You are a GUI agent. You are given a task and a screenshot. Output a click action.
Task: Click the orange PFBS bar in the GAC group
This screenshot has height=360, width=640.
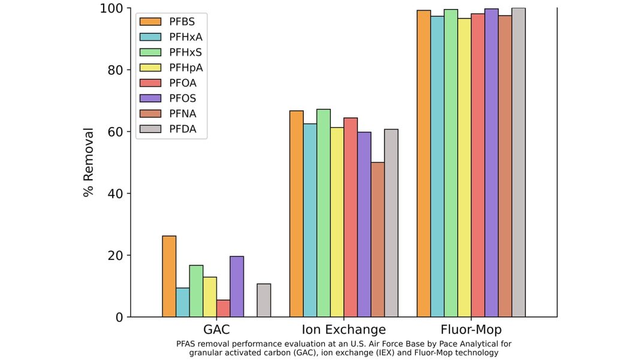click(x=169, y=276)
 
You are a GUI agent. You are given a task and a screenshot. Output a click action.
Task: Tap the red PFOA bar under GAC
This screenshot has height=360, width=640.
click(x=223, y=308)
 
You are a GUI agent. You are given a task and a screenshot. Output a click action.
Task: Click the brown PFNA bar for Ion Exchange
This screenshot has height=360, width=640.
click(x=378, y=240)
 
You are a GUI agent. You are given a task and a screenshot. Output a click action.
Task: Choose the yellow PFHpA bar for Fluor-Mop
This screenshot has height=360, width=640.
click(x=464, y=168)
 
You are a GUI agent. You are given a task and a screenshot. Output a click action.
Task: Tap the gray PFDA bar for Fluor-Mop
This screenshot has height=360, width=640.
click(x=518, y=162)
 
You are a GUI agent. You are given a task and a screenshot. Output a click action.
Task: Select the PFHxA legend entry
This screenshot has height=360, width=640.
click(x=186, y=37)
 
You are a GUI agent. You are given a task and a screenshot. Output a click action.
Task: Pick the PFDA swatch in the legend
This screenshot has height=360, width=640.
click(x=150, y=129)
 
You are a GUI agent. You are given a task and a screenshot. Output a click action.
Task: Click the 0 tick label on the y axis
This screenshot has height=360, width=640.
click(x=119, y=317)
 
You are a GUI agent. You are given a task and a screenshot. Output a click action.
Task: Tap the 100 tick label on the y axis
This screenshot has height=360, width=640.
click(x=111, y=8)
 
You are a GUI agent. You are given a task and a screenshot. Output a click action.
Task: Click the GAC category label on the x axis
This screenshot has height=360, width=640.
click(x=216, y=330)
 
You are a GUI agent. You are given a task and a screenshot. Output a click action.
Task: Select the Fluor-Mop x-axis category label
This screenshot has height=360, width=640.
click(x=471, y=330)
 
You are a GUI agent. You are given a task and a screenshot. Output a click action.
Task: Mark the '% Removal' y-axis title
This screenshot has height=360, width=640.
click(x=89, y=162)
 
